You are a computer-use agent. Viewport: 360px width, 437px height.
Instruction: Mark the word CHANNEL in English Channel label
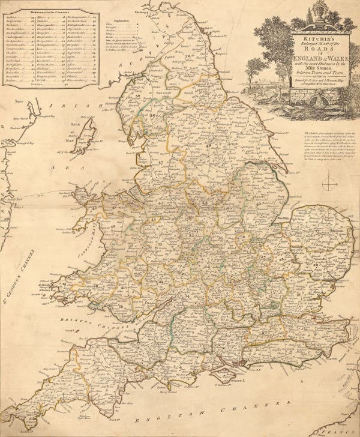click(x=264, y=396)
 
